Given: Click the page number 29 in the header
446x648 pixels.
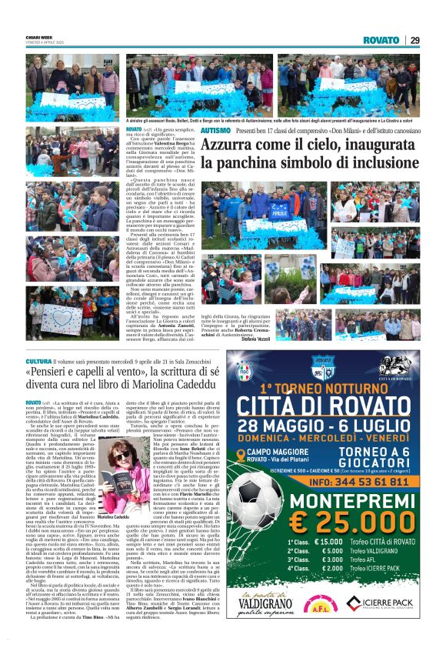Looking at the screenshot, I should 414,41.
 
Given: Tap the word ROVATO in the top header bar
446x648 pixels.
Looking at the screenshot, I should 381,41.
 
